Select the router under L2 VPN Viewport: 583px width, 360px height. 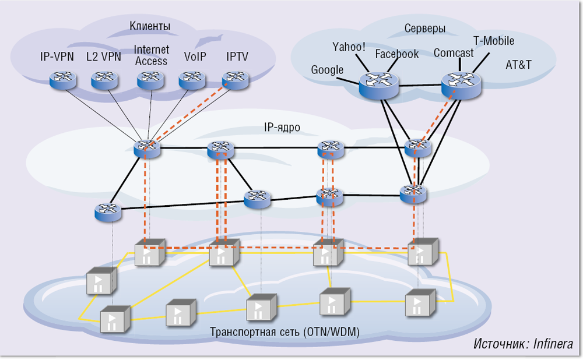click(104, 79)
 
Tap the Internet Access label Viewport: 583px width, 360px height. click(151, 56)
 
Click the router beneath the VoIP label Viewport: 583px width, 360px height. click(192, 79)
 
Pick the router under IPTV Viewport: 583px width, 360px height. click(236, 79)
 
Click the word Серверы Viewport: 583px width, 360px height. click(425, 28)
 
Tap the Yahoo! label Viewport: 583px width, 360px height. click(349, 46)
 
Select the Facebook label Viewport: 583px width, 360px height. click(396, 54)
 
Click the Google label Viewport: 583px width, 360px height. click(327, 70)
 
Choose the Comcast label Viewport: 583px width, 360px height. click(454, 53)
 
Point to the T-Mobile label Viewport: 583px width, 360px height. click(493, 41)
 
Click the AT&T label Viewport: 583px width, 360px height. click(518, 64)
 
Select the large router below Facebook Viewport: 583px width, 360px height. click(378, 84)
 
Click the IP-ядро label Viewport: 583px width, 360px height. click(280, 127)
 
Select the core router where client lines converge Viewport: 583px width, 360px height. click(147, 148)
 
